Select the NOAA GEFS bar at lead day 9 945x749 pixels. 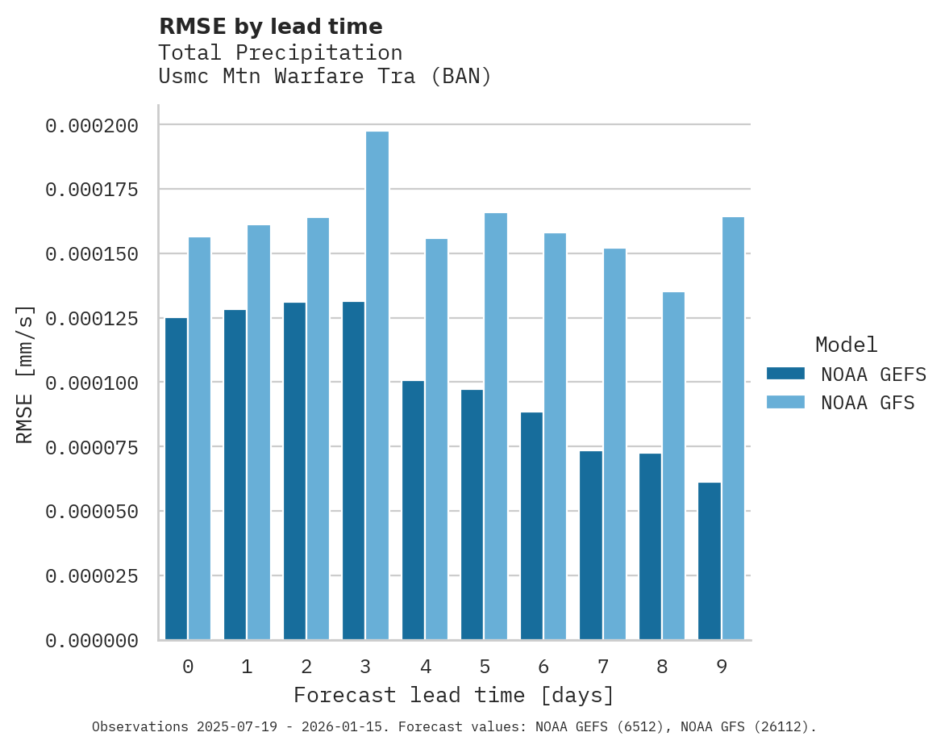pos(710,561)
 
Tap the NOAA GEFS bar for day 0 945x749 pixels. pos(176,479)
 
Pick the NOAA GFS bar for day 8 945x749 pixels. pos(673,466)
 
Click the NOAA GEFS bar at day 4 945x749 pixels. pos(413,510)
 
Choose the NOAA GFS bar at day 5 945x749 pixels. pos(496,426)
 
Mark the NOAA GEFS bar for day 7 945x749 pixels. pos(591,545)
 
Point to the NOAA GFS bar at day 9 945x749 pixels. pos(733,428)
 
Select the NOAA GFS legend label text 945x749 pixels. pos(868,403)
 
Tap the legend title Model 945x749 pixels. pos(846,345)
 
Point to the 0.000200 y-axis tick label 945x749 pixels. pos(92,125)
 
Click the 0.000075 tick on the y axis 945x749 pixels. pos(92,447)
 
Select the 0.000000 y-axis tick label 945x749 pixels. pos(92,641)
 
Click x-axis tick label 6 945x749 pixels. pos(543,667)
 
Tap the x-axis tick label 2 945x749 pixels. pos(306,667)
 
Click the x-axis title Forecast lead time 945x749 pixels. pos(453,695)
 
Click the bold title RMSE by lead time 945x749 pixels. pos(270,27)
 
